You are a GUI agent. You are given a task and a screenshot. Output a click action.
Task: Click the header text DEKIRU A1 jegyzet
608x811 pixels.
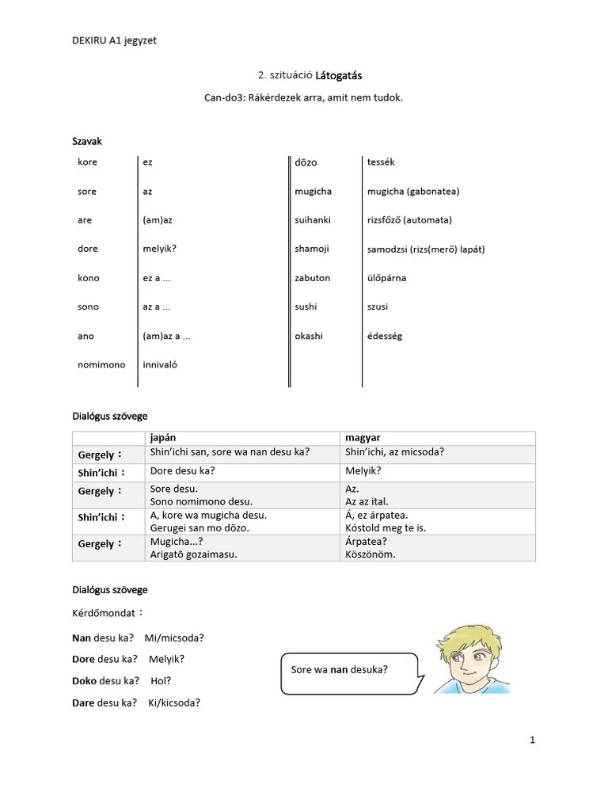click(x=114, y=40)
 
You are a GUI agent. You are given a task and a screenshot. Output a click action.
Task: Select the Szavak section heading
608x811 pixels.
click(x=87, y=141)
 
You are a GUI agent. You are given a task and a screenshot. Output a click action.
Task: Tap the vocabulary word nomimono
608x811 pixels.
click(x=101, y=365)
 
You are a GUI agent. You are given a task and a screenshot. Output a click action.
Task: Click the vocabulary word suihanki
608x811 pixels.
click(x=313, y=219)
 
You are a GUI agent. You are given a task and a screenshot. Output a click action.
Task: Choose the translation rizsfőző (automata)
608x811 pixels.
click(x=409, y=219)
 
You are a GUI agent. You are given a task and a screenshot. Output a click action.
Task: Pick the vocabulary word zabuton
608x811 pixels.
click(x=312, y=278)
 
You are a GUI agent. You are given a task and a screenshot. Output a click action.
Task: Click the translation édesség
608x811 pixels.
click(x=385, y=336)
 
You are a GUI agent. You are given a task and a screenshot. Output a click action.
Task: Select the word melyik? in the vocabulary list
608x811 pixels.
click(x=159, y=249)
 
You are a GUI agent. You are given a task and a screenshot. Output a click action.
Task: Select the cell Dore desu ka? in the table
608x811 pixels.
click(x=183, y=470)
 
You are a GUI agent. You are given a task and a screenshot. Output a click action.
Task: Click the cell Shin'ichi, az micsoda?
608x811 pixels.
click(x=393, y=451)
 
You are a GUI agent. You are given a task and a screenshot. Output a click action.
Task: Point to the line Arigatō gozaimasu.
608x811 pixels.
click(x=193, y=554)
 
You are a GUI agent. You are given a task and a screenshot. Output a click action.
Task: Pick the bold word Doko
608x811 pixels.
click(x=85, y=680)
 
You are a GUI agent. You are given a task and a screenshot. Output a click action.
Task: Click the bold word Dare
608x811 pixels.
click(x=85, y=702)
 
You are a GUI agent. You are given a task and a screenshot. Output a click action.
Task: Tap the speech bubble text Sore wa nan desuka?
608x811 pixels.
click(x=340, y=669)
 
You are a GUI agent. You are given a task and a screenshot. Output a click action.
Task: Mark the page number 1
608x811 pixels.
click(x=533, y=741)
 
